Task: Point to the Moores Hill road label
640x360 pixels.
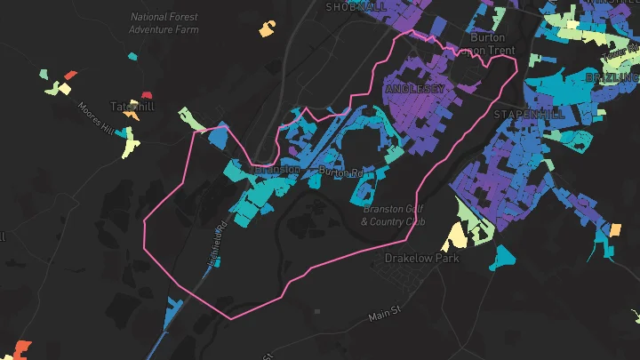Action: [96, 118]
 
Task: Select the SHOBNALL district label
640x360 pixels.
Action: [356, 6]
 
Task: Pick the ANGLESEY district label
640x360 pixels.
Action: [415, 89]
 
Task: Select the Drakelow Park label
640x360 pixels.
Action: [421, 258]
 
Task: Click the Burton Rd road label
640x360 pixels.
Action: [341, 171]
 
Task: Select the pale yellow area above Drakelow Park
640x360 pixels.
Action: [455, 236]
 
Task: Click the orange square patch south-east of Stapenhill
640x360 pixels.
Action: [614, 230]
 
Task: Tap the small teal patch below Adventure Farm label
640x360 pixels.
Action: [132, 57]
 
